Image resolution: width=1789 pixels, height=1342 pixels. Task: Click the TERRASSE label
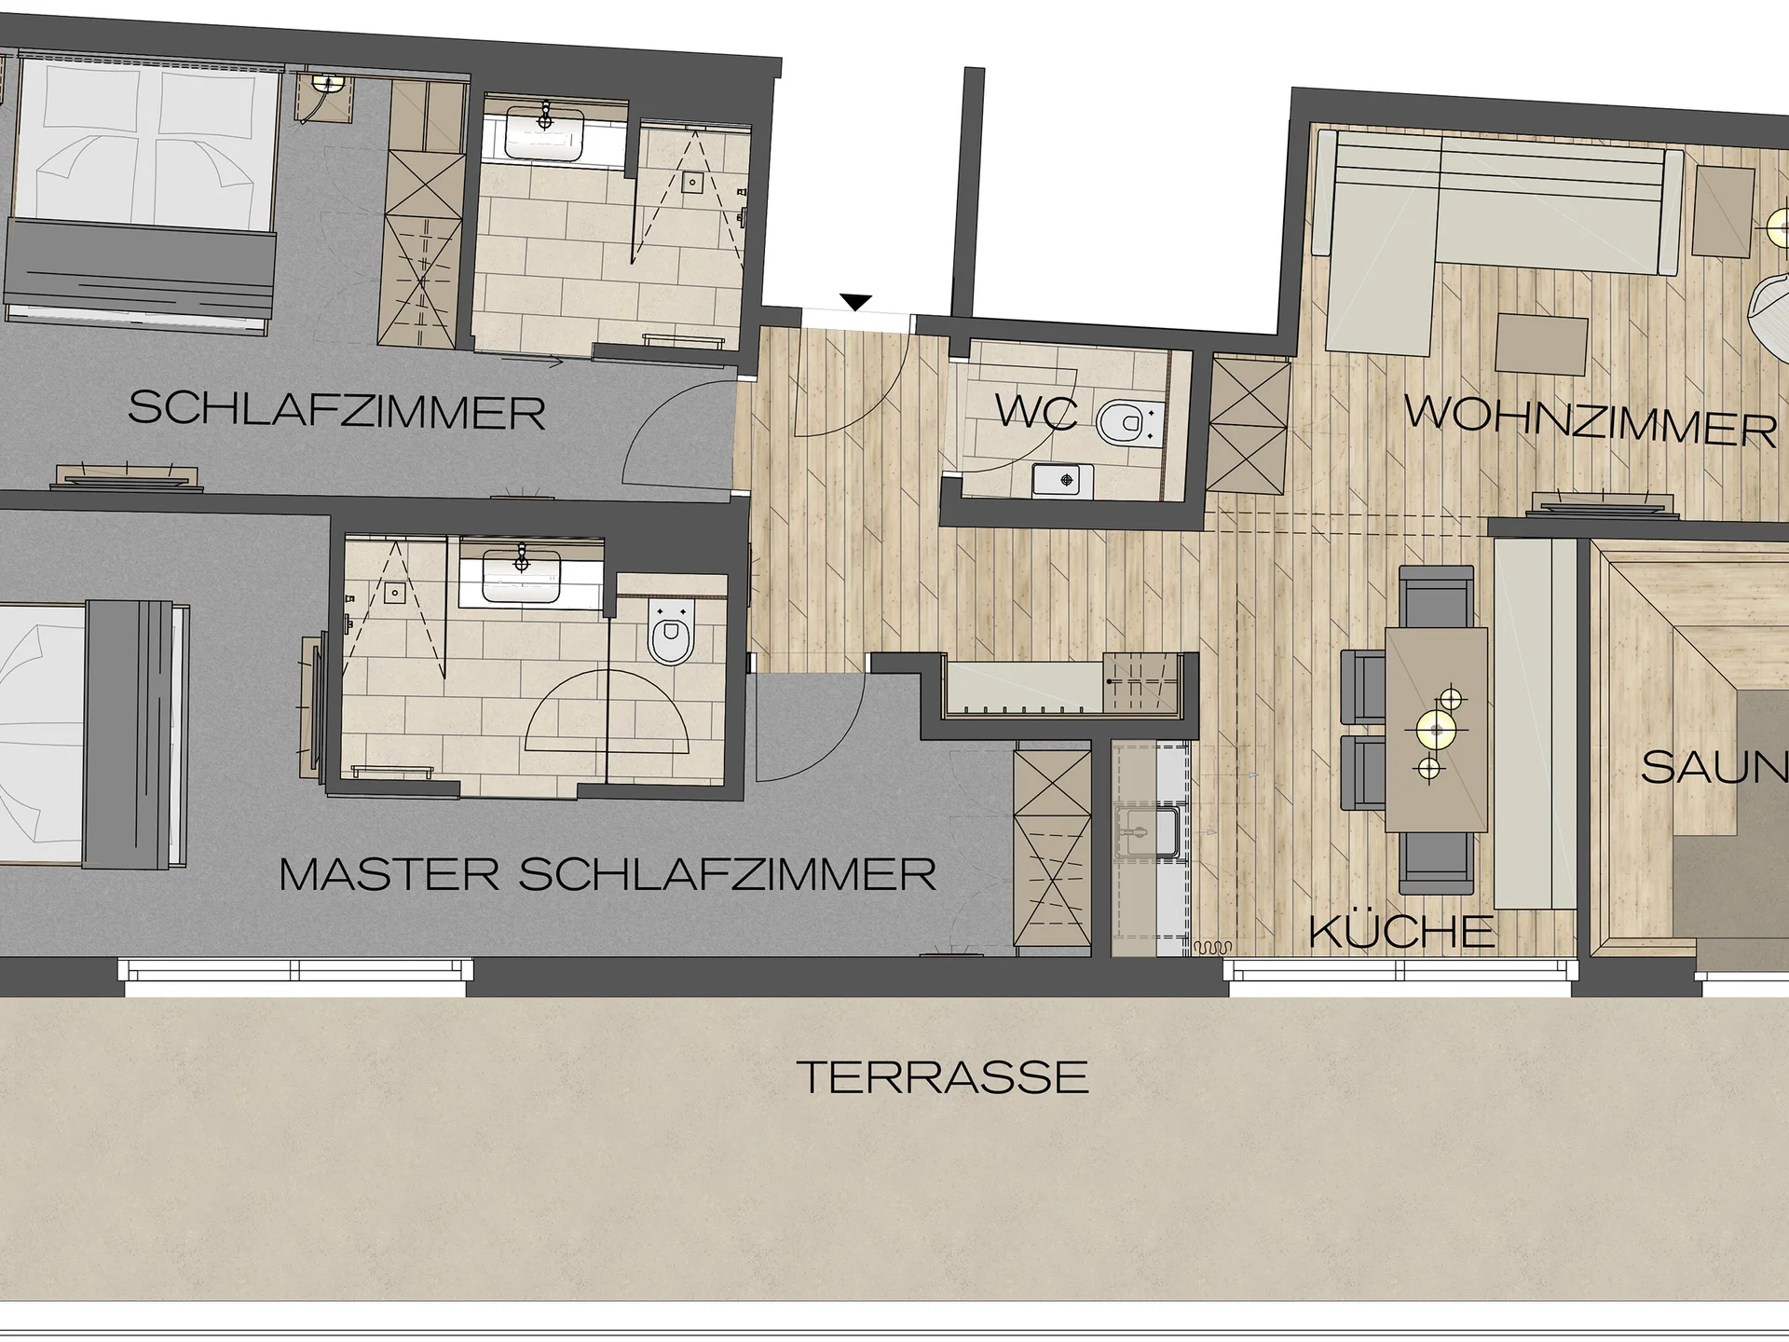click(x=944, y=1077)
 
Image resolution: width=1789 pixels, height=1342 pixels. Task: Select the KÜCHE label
click(x=1401, y=931)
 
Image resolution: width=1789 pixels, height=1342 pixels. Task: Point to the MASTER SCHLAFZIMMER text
click(x=608, y=875)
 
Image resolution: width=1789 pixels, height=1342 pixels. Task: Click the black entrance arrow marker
click(x=856, y=302)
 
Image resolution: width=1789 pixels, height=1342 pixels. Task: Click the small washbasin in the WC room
click(x=1064, y=480)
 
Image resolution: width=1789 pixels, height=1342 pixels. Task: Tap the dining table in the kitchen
click(x=1435, y=730)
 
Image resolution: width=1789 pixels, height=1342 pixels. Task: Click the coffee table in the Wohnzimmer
click(x=1541, y=344)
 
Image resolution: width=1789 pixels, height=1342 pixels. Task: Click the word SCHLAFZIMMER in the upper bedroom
click(x=336, y=409)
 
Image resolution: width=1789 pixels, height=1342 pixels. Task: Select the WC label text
click(x=1036, y=412)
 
